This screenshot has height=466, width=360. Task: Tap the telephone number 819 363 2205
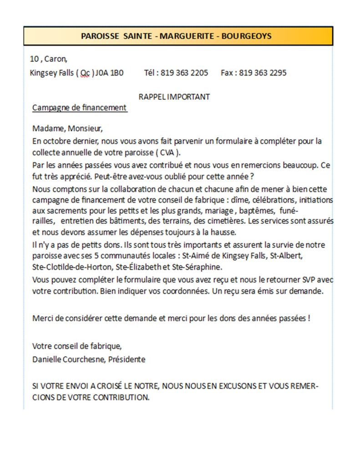(x=184, y=73)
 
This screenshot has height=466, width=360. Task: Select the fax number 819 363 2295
(x=263, y=73)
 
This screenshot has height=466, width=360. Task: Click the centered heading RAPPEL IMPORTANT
(x=174, y=96)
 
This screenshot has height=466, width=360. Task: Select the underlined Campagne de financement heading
(x=79, y=108)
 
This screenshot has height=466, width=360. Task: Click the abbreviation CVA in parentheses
(x=167, y=152)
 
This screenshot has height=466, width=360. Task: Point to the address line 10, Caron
(x=48, y=59)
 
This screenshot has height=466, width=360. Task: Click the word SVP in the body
(x=302, y=280)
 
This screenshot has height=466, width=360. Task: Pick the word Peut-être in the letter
(x=106, y=177)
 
